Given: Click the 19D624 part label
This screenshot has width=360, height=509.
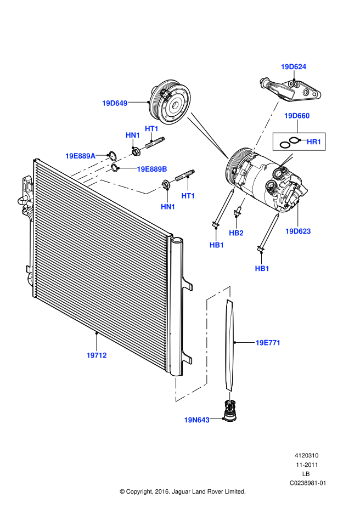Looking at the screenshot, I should click(x=294, y=67).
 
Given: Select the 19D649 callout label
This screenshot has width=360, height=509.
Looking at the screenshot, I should click(x=115, y=103).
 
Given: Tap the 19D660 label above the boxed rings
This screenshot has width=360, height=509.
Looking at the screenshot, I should click(x=297, y=116).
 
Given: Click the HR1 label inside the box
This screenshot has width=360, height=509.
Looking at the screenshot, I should click(x=314, y=142).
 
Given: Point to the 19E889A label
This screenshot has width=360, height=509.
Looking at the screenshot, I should click(x=80, y=156).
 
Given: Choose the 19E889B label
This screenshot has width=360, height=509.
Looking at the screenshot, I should click(x=152, y=169).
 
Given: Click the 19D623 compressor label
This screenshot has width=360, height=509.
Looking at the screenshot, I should click(x=298, y=231).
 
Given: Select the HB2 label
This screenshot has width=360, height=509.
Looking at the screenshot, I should click(x=237, y=233).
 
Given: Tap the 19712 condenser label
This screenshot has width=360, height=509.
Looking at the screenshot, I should click(x=97, y=355).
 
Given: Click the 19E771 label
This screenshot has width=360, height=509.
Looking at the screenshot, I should click(x=268, y=343).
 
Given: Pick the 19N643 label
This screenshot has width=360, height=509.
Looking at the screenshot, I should click(x=197, y=420).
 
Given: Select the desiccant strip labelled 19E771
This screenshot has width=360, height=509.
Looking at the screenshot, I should click(x=230, y=343).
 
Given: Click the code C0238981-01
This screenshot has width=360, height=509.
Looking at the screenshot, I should click(x=307, y=483).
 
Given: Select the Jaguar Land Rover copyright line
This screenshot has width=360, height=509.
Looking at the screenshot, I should click(x=182, y=491).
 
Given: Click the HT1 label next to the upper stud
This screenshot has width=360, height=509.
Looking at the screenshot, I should click(x=151, y=128).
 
